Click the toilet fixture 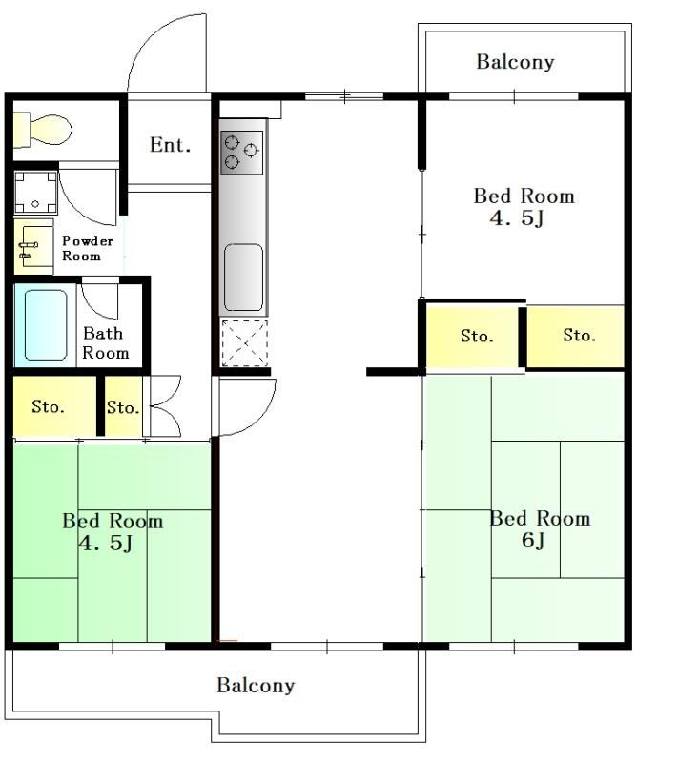(x=42, y=130)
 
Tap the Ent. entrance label (x=170, y=145)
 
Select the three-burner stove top (x=241, y=153)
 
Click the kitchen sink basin (x=244, y=278)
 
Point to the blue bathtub (x=45, y=325)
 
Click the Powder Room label (x=88, y=248)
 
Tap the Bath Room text (x=106, y=342)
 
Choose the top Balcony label (x=515, y=62)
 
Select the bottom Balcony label (x=256, y=685)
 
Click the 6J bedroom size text (x=533, y=540)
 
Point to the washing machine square (x=35, y=193)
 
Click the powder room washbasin (x=33, y=247)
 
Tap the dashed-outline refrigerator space (x=245, y=343)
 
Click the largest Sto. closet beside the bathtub (x=54, y=406)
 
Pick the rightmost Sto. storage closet (x=575, y=336)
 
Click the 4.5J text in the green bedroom (x=106, y=543)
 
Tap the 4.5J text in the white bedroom (x=517, y=218)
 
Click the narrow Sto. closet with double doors (x=124, y=407)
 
